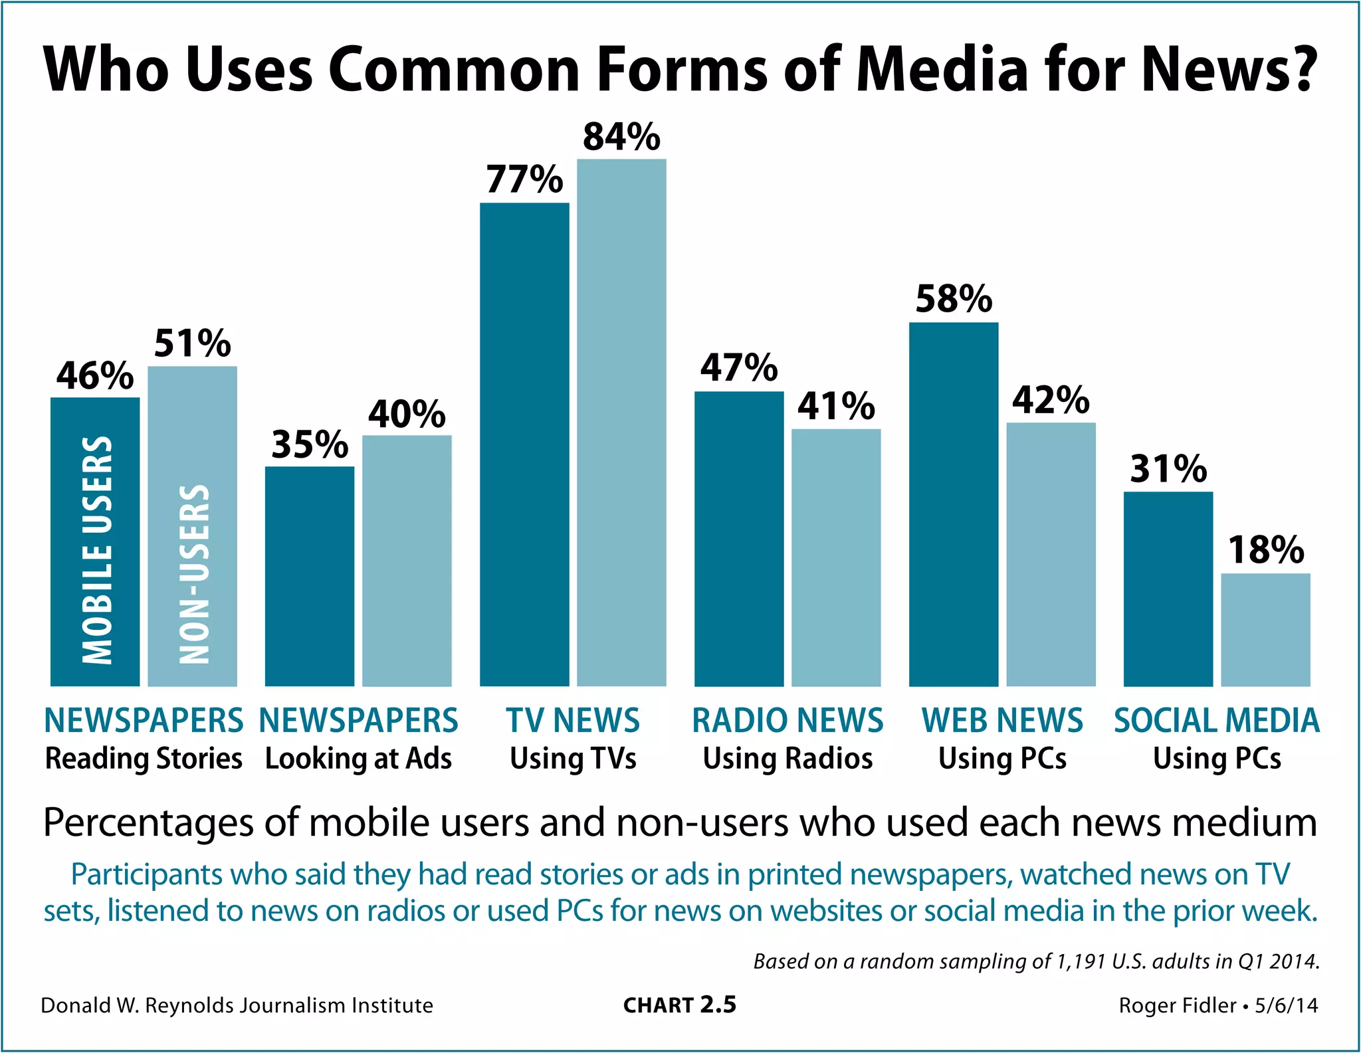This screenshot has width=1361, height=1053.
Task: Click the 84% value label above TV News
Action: tap(621, 137)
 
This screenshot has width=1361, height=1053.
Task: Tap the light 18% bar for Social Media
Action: tap(1265, 629)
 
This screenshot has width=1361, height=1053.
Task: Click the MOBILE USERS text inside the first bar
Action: tap(97, 550)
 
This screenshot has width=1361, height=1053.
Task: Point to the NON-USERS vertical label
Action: tap(195, 574)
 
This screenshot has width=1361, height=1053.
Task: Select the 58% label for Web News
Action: tap(954, 299)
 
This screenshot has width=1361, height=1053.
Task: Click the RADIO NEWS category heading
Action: tap(787, 720)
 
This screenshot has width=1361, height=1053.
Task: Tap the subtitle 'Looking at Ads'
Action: tap(358, 759)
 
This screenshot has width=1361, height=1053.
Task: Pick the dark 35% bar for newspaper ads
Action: tap(310, 576)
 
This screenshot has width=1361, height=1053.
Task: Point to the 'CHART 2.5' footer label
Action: tap(679, 1005)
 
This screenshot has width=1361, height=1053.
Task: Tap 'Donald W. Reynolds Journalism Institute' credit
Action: tap(237, 1005)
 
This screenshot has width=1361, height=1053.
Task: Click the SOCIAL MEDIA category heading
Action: tap(1216, 720)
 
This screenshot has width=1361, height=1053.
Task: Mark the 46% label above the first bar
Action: tap(95, 376)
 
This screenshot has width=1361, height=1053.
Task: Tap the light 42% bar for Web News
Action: tap(1051, 554)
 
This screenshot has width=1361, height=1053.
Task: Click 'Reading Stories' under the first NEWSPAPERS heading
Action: tap(144, 759)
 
